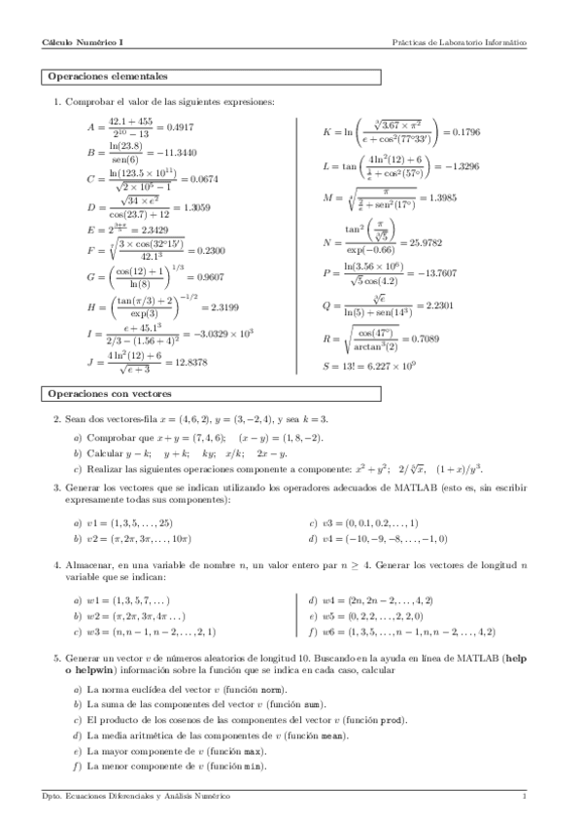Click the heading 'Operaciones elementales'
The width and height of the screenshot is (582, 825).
107,75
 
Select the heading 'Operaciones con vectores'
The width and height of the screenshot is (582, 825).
109,394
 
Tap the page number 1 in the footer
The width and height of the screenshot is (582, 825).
524,796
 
